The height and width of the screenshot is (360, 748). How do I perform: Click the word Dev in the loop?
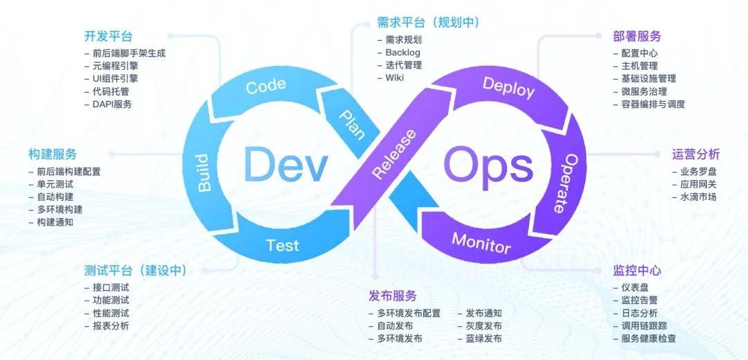pyautogui.click(x=285, y=165)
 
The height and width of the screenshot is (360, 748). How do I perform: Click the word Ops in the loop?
pyautogui.click(x=488, y=166)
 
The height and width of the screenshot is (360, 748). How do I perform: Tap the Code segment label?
pyautogui.click(x=266, y=86)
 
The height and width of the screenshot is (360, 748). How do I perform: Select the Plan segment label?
pyautogui.click(x=352, y=124)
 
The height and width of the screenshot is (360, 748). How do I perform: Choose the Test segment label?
pyautogui.click(x=283, y=245)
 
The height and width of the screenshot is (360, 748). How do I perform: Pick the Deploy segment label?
pyautogui.click(x=508, y=87)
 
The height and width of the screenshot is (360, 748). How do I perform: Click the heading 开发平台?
pyautogui.click(x=108, y=36)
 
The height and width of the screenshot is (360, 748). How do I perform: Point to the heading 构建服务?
pyautogui.click(x=53, y=154)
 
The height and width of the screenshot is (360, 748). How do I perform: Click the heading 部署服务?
pyautogui.click(x=637, y=36)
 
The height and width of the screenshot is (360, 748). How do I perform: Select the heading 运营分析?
pyautogui.click(x=695, y=154)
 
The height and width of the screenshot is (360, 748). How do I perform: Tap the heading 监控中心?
pyautogui.click(x=637, y=270)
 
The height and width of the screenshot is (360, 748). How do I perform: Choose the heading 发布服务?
pyautogui.click(x=393, y=296)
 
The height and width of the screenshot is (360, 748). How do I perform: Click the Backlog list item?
pyautogui.click(x=402, y=53)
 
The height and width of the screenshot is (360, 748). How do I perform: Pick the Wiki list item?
pyautogui.click(x=395, y=78)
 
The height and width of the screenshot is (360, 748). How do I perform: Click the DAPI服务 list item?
pyautogui.click(x=112, y=104)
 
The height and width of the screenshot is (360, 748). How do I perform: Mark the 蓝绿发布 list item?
pyautogui.click(x=483, y=339)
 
